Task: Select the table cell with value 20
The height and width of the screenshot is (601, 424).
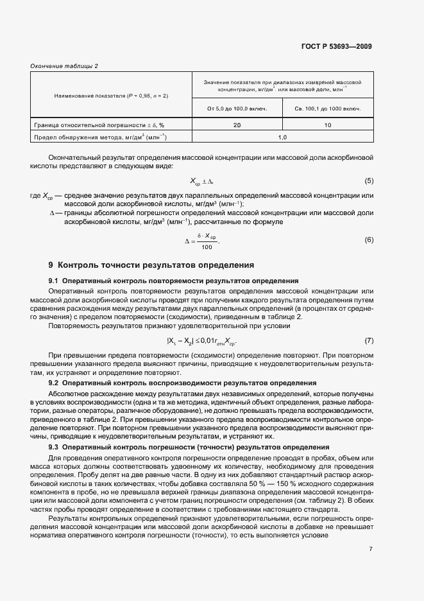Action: (237, 125)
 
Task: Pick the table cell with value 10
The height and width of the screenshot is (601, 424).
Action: (328, 125)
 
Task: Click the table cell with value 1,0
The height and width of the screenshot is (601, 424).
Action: (282, 137)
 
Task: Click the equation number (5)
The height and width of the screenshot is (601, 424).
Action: (369, 181)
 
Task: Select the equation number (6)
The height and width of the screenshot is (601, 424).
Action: (369, 240)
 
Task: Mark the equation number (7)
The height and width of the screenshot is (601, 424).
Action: (369, 340)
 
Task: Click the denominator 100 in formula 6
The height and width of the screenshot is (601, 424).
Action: (206, 247)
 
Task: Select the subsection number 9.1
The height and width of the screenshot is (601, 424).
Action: (53, 281)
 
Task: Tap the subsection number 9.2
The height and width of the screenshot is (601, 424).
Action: (53, 383)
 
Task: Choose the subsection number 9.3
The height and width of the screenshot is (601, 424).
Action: (53, 447)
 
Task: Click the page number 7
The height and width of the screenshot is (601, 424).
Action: (371, 548)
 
